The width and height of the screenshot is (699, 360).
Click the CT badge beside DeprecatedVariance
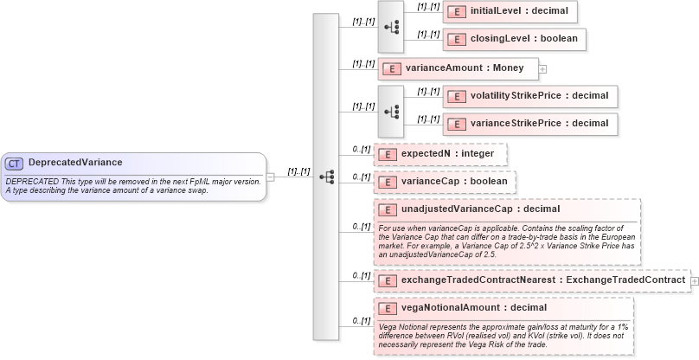[x=14, y=163]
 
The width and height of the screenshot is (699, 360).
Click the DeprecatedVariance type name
[x=74, y=163]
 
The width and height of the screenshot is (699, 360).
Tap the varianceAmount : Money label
[x=465, y=67]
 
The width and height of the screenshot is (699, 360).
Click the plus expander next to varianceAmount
[x=542, y=67]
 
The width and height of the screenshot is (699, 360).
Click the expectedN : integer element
[x=447, y=153]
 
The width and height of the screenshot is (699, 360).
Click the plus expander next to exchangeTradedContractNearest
[x=694, y=280]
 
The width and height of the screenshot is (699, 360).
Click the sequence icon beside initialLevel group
[x=391, y=25]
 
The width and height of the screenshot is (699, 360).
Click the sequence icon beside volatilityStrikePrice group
[x=391, y=110]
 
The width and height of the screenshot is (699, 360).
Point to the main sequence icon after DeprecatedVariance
[x=326, y=177]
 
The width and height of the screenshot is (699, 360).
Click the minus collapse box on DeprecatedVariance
[x=270, y=177]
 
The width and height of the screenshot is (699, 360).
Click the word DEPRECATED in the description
[x=32, y=181]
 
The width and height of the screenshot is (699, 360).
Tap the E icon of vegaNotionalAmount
[x=388, y=308]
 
